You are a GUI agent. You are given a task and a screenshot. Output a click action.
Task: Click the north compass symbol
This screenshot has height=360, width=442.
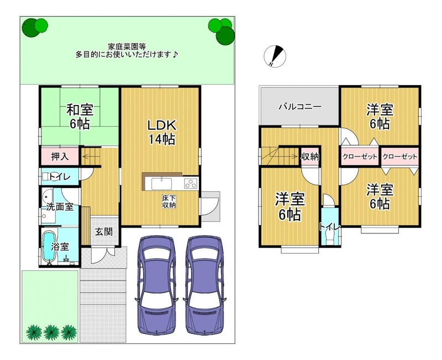click(275, 56)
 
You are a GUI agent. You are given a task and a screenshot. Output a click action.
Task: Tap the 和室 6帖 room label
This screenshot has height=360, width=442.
click(80, 116)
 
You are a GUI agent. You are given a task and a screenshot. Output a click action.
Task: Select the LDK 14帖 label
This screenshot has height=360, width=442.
click(162, 132)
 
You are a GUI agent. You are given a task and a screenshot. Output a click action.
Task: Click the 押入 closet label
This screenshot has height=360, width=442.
click(60, 156)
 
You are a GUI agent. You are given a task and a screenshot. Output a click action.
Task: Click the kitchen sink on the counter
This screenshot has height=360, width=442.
click(161, 184)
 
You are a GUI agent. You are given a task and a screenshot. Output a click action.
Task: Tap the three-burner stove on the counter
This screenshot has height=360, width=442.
click(191, 184)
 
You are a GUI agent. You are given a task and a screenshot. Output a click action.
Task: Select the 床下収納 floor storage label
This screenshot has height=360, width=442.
click(169, 201)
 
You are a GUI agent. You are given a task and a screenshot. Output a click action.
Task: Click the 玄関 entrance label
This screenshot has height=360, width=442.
click(104, 232)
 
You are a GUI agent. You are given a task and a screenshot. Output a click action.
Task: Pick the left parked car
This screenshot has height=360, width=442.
click(157, 285)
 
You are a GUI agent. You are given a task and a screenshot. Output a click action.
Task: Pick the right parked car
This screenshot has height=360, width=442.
click(205, 285)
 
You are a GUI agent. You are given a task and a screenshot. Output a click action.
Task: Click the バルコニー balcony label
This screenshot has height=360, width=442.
click(300, 107)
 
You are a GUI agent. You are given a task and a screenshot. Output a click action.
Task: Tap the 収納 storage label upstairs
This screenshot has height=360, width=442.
click(310, 156)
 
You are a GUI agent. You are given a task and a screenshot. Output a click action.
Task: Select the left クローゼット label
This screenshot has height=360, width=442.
click(360, 156)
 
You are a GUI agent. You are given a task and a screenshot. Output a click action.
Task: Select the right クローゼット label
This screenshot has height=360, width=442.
click(399, 156)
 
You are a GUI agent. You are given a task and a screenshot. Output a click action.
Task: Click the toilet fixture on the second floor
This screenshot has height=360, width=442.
click(329, 237)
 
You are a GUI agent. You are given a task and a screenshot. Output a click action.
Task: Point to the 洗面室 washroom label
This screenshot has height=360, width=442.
click(60, 207)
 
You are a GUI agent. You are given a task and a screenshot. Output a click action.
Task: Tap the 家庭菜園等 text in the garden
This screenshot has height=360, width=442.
click(127, 46)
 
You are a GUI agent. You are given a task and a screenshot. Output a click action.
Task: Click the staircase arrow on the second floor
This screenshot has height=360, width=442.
click(281, 155)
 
